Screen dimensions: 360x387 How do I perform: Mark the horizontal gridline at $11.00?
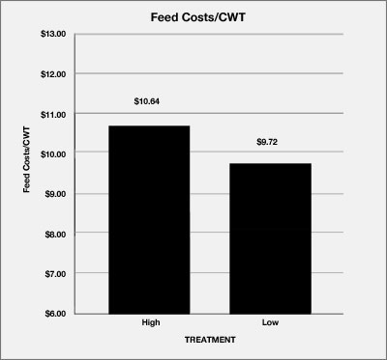(203, 114)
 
